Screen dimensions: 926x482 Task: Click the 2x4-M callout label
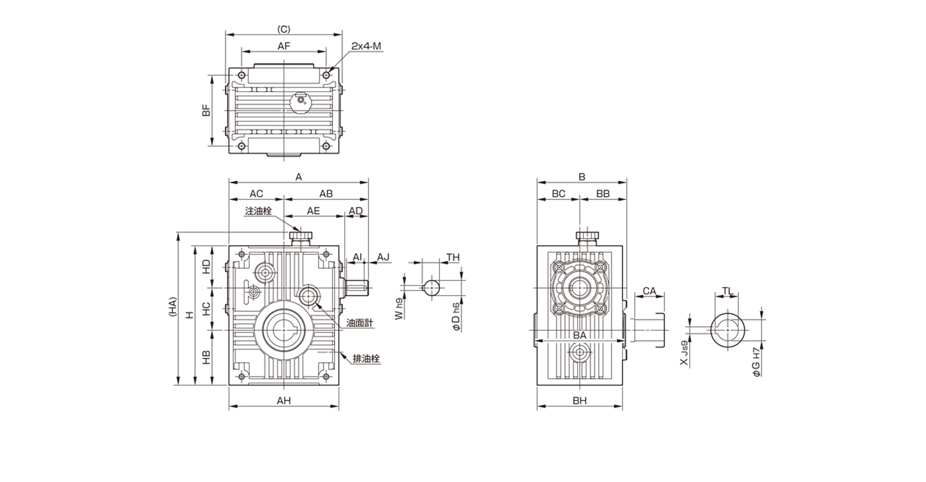pyautogui.click(x=366, y=46)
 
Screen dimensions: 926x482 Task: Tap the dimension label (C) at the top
pyautogui.click(x=284, y=29)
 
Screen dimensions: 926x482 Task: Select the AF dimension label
pyautogui.click(x=284, y=46)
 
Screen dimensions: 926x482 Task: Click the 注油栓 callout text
pyautogui.click(x=259, y=211)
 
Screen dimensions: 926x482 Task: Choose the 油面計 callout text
pyautogui.click(x=360, y=323)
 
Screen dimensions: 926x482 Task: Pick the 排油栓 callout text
pyautogui.click(x=367, y=359)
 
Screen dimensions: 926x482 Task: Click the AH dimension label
pyautogui.click(x=284, y=401)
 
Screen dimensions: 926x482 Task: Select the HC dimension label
pyautogui.click(x=206, y=309)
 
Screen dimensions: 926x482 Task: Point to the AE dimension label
pyautogui.click(x=313, y=211)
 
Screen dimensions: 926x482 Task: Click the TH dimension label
pyautogui.click(x=453, y=257)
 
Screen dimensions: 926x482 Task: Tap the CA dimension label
pyautogui.click(x=650, y=291)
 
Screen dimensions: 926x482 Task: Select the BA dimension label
pyautogui.click(x=580, y=335)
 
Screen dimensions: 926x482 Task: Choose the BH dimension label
pyautogui.click(x=580, y=401)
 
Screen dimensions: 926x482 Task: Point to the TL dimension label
pyautogui.click(x=727, y=291)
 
